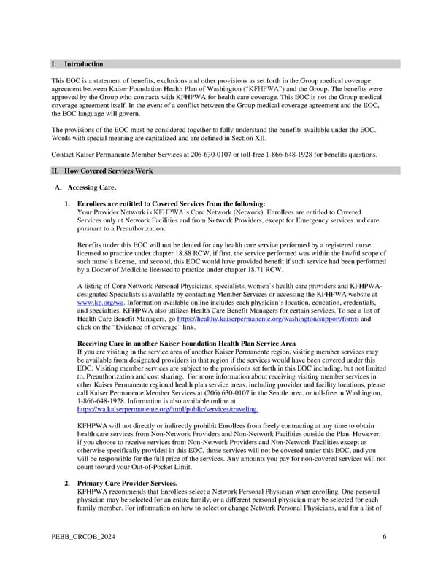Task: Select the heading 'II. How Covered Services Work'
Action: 101,171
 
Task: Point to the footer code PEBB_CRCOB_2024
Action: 82,537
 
